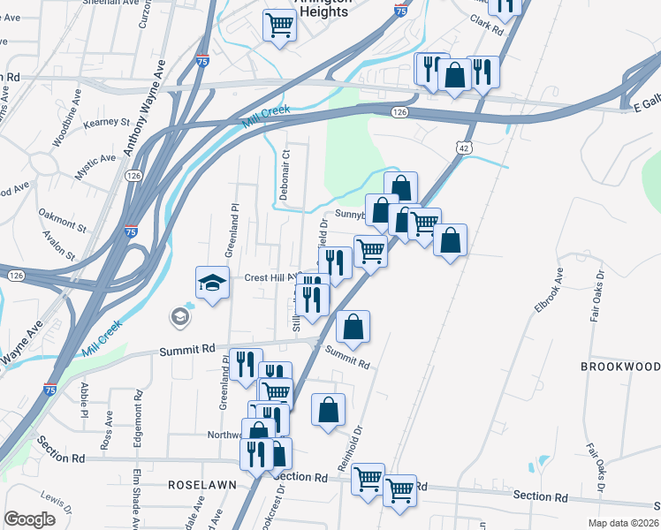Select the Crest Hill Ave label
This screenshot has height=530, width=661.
[269, 276]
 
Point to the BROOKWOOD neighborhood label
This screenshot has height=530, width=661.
[620, 366]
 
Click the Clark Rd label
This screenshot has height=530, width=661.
[486, 24]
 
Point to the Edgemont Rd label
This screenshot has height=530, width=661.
[139, 426]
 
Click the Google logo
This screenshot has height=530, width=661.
[29, 519]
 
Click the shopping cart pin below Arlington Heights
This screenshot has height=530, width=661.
[280, 24]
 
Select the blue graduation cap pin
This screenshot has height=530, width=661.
[212, 283]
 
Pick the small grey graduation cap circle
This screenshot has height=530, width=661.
[180, 315]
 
